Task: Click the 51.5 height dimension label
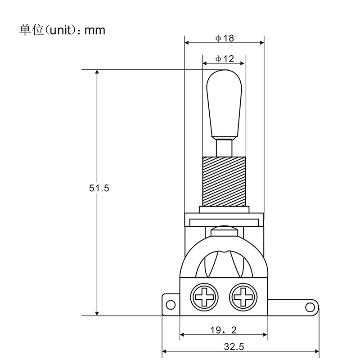(x=99, y=189)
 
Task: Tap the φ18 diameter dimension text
(x=225, y=39)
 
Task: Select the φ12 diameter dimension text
(x=225, y=58)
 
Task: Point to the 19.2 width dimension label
(x=224, y=330)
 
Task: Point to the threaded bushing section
(x=225, y=180)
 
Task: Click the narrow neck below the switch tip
(x=225, y=147)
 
